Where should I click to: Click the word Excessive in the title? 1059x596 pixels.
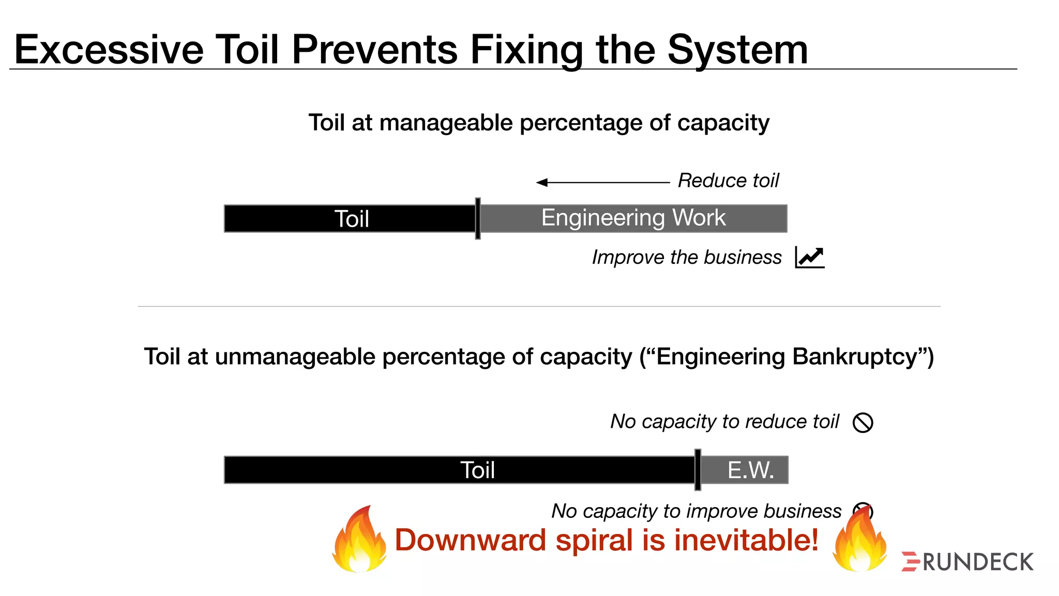pyautogui.click(x=109, y=50)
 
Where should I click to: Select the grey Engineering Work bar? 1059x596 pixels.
pyautogui.click(x=633, y=218)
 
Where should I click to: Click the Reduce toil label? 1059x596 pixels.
pyautogui.click(x=728, y=181)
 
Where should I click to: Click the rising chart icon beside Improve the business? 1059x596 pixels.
pyautogui.click(x=809, y=257)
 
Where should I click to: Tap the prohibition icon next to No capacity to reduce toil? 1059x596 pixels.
pyautogui.click(x=863, y=422)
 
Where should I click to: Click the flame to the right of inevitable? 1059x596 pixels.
pyautogui.click(x=859, y=541)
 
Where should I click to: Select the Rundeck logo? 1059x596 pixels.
pyautogui.click(x=967, y=562)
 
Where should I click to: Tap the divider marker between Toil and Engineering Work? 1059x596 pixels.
pyautogui.click(x=478, y=218)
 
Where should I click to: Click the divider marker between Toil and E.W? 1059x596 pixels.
pyautogui.click(x=698, y=470)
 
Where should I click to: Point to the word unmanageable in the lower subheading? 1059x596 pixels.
pyautogui.click(x=294, y=357)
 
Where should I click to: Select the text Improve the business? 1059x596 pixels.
pyautogui.click(x=686, y=257)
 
